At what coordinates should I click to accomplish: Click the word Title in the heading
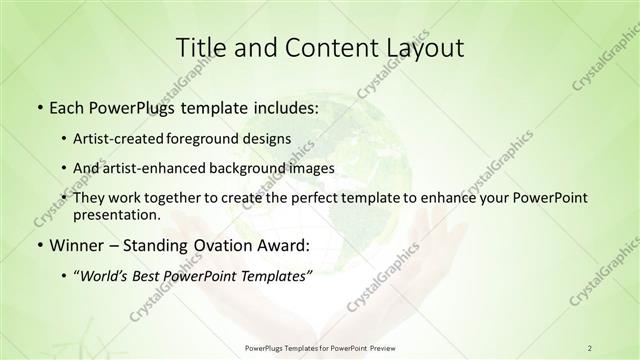point(200,47)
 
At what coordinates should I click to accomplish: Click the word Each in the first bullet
point(67,106)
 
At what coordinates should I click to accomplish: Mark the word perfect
point(311,198)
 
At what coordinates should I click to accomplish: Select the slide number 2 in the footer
point(590,347)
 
